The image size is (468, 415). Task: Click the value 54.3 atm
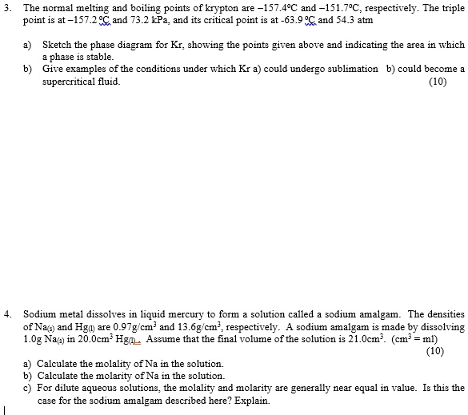(357, 18)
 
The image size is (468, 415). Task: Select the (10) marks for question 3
(438, 81)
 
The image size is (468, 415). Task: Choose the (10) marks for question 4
(434, 349)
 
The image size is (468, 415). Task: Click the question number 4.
(6, 314)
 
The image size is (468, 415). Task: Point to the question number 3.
(6, 7)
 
